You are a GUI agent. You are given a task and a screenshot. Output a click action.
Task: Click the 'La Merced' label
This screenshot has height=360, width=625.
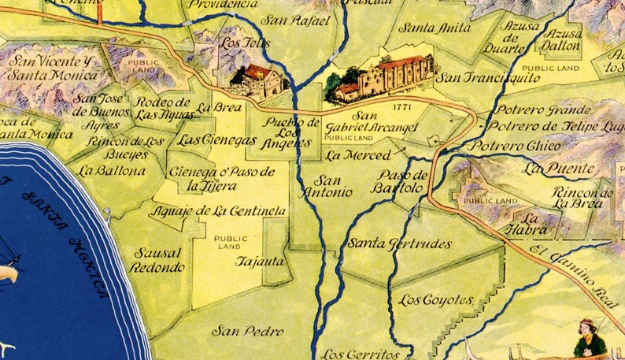point(357,155)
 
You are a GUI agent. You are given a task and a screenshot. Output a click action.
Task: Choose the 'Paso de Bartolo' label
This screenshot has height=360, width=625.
point(402,182)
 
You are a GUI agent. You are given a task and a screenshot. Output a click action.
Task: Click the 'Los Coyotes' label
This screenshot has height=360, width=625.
point(435,300)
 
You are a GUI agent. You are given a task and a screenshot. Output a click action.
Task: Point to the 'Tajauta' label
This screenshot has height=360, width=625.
point(261,261)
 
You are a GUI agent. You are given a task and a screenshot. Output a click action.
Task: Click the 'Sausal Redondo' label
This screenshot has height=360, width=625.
point(158,261)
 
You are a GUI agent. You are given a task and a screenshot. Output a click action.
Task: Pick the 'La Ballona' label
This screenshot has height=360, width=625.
point(111,169)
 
